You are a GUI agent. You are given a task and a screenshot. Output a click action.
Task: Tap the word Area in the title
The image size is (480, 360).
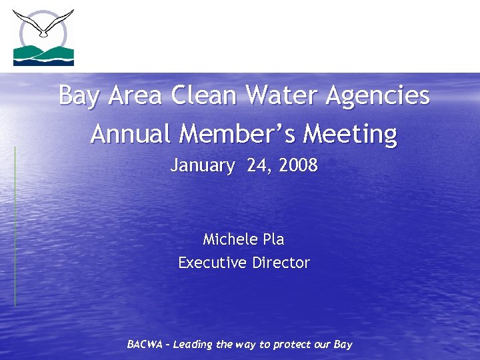click(135, 96)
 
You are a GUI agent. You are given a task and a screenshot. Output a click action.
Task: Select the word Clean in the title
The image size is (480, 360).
click(203, 96)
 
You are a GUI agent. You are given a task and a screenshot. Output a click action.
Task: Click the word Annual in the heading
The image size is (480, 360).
click(131, 134)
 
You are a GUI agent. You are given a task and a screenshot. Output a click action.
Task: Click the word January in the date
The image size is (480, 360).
click(203, 166)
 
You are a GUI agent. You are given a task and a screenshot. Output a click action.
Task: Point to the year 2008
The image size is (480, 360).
click(298, 165)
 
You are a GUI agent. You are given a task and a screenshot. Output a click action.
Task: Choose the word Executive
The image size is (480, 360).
click(212, 263)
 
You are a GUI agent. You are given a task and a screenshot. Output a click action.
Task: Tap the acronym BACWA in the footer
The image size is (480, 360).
click(145, 345)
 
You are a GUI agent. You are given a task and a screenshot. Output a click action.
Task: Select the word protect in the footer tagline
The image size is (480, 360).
click(293, 345)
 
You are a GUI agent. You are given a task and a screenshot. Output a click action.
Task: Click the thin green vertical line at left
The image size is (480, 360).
click(15, 227)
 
